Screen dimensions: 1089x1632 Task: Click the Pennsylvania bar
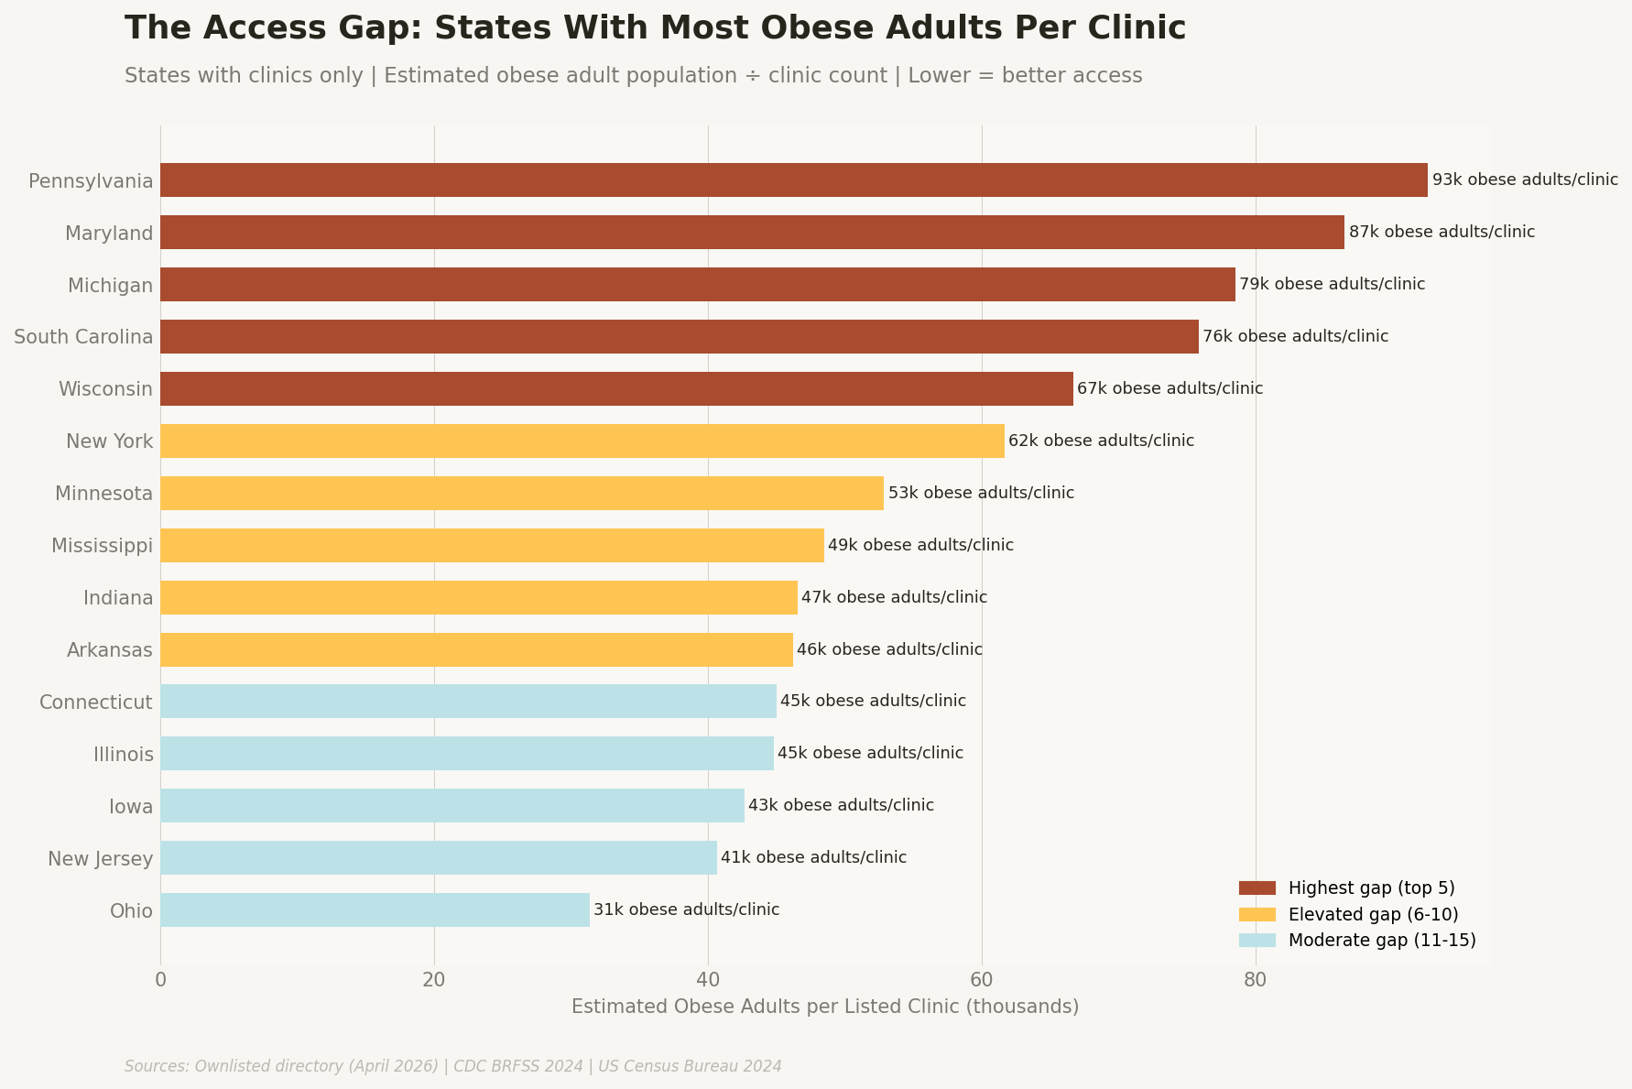[x=793, y=180]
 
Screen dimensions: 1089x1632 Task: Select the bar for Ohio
[x=375, y=909]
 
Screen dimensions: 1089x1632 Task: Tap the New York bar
[x=582, y=441]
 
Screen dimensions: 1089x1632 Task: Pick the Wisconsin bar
[x=616, y=388]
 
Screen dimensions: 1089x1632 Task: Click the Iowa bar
[x=452, y=805]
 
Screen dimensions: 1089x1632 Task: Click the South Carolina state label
[x=83, y=337]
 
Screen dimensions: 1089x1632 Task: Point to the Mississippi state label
[x=102, y=546]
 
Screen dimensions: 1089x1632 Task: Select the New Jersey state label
[x=100, y=858]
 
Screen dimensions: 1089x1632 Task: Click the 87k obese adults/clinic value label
[x=1442, y=232]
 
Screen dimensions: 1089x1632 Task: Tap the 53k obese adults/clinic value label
[x=981, y=493]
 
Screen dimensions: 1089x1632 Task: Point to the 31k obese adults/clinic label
[x=686, y=909]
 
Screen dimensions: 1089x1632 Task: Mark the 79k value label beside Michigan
[x=1332, y=284]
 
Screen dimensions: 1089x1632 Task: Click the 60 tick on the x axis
[x=982, y=979]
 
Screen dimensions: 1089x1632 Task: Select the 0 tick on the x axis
[x=160, y=979]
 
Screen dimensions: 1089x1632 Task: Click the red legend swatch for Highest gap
[x=1257, y=888]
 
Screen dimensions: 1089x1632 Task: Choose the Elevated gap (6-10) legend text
[x=1373, y=914]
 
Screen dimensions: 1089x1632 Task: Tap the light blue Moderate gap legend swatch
[x=1257, y=941]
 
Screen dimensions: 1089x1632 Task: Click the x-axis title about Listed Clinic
[x=824, y=1007]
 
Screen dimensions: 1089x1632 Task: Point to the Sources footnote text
[x=452, y=1066]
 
